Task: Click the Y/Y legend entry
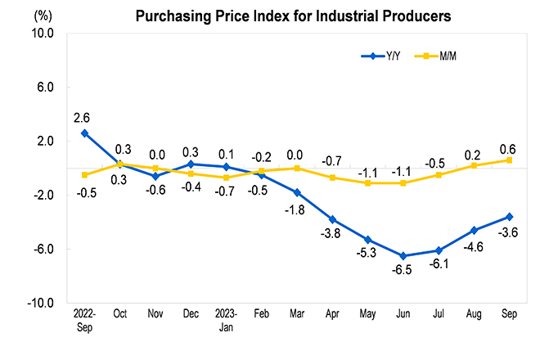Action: tap(380, 56)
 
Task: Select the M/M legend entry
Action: tap(435, 56)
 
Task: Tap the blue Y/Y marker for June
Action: tap(403, 256)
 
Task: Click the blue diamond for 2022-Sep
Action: tap(84, 133)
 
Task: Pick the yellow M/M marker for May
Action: tap(368, 183)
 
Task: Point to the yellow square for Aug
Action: tap(474, 166)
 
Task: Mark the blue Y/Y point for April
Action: tap(332, 219)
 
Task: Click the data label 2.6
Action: tap(82, 118)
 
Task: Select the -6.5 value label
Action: tap(402, 270)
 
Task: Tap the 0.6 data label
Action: tap(507, 150)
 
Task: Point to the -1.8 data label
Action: tap(295, 209)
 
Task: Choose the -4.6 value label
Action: tap(473, 247)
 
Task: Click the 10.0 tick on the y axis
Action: tap(43, 34)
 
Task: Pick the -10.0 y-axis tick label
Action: tap(41, 304)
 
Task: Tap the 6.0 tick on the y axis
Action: tap(46, 88)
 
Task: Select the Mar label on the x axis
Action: tap(297, 313)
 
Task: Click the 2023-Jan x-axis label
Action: tap(226, 320)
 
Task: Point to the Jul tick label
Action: tap(439, 313)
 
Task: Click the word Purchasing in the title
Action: tap(173, 16)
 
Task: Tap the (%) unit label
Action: tap(43, 16)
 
